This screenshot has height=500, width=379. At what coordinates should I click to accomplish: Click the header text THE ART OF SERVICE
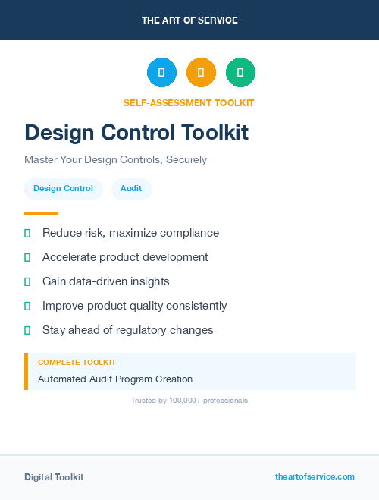pos(189,20)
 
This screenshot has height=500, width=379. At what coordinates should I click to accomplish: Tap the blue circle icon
pos(161,72)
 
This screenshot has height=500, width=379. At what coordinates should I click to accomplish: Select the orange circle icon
pos(201,72)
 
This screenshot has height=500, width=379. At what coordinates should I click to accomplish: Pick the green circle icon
pos(240,72)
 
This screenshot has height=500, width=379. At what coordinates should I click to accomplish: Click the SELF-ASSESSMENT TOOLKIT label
pos(189,102)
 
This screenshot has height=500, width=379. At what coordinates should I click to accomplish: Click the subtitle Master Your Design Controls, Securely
pos(115,160)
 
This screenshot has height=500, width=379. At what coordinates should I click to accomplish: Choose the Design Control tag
pos(63,189)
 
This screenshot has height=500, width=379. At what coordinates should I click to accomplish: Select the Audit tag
pos(131,189)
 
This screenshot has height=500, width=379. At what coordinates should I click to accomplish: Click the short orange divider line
pos(41,213)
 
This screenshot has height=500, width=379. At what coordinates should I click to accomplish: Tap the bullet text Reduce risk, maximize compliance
pos(130,233)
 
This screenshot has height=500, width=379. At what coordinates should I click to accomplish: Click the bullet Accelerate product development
pos(125,257)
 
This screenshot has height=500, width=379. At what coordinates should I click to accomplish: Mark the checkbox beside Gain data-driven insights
pos(27,281)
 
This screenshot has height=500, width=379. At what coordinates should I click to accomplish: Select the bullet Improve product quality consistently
pos(134,306)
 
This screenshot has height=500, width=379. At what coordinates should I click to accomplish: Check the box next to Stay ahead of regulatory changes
pos(27,330)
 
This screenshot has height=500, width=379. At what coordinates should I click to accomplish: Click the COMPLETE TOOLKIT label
pos(77,363)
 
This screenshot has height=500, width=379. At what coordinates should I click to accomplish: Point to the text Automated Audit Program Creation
pos(115,379)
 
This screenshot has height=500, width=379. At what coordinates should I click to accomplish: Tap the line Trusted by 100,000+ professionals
pos(189,400)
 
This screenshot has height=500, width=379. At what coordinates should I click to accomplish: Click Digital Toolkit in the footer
pos(54,477)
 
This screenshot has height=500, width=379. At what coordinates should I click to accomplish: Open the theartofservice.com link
pos(315,476)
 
